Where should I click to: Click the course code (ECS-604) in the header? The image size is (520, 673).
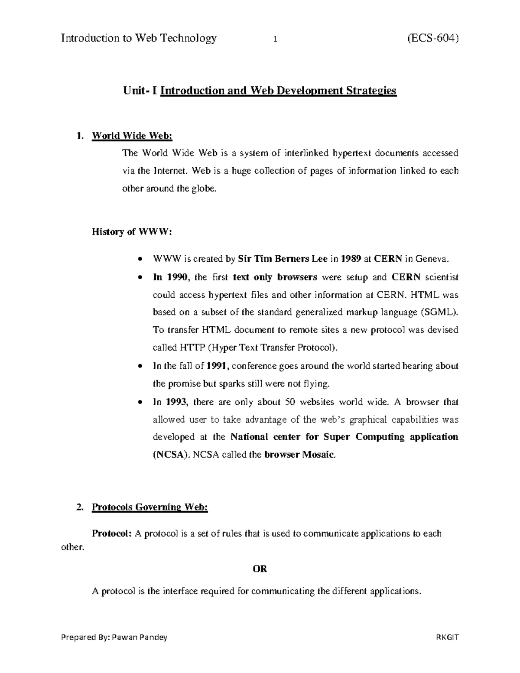pyautogui.click(x=432, y=39)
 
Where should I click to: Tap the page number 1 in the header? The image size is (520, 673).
pyautogui.click(x=275, y=39)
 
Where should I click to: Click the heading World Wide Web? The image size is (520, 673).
pyautogui.click(x=132, y=136)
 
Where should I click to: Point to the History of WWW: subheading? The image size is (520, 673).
pyautogui.click(x=132, y=232)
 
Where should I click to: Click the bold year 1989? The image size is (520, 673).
pyautogui.click(x=351, y=259)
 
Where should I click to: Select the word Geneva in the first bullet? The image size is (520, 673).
pyautogui.click(x=429, y=259)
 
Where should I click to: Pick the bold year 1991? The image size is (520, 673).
pyautogui.click(x=217, y=366)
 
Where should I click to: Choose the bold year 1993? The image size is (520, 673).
pyautogui.click(x=176, y=402)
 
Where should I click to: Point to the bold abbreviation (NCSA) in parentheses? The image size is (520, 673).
pyautogui.click(x=171, y=455)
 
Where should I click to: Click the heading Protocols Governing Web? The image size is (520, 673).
pyautogui.click(x=150, y=507)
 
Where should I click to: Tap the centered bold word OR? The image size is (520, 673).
pyautogui.click(x=260, y=569)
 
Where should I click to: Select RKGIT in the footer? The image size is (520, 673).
pyautogui.click(x=448, y=637)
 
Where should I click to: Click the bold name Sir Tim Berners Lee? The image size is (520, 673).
pyautogui.click(x=283, y=259)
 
